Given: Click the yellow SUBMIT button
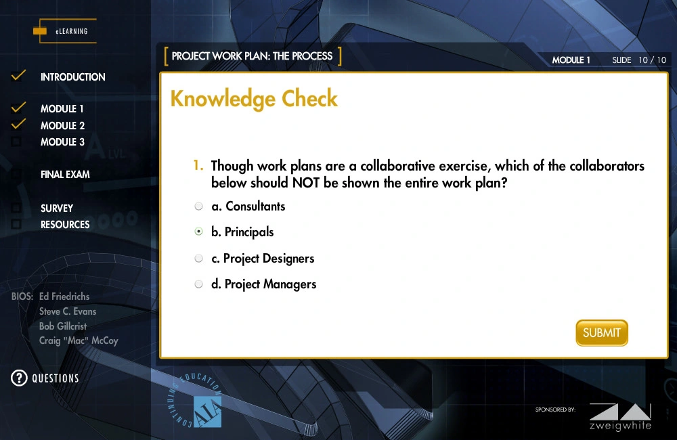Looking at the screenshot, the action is (x=601, y=333).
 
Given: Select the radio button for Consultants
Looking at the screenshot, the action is (x=198, y=206).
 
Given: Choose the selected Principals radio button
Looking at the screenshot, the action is (x=198, y=232).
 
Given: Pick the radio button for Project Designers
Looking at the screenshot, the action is (x=198, y=258).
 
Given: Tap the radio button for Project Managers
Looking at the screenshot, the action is (x=198, y=284).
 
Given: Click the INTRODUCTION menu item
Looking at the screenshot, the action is (x=73, y=77).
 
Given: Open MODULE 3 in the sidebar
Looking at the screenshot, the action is (x=62, y=142).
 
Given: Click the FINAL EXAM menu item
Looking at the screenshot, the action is (x=65, y=175).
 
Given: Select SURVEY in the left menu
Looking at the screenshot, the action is (x=57, y=208).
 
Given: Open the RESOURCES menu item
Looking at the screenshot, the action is (x=65, y=225).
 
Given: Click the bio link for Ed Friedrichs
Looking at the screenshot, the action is (x=64, y=296).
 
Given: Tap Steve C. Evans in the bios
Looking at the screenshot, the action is (x=68, y=311).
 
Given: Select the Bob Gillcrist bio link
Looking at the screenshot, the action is (x=63, y=326).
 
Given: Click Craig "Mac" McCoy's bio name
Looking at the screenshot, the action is (x=79, y=340).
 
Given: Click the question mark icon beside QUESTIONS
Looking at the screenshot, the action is (x=19, y=378).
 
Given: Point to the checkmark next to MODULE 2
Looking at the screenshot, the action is (x=18, y=124).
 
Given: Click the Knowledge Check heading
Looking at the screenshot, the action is (x=254, y=99).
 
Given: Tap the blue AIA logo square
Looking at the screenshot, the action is (x=207, y=412).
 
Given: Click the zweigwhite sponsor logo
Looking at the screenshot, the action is (x=620, y=417).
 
